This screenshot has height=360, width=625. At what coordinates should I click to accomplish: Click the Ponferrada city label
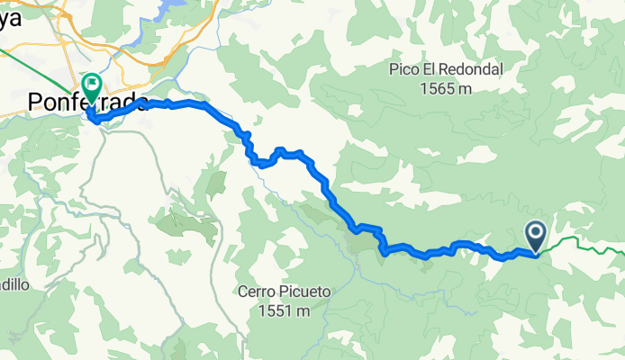click(87, 103)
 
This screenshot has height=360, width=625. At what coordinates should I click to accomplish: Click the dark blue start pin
click(535, 238)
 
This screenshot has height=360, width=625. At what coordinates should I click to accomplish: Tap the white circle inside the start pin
click(535, 235)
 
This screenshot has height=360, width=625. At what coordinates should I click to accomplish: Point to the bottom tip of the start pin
click(535, 253)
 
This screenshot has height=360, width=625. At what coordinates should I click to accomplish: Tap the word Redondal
click(476, 69)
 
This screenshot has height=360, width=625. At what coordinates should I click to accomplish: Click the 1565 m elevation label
click(445, 88)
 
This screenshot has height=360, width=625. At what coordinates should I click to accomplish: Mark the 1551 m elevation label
click(281, 311)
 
